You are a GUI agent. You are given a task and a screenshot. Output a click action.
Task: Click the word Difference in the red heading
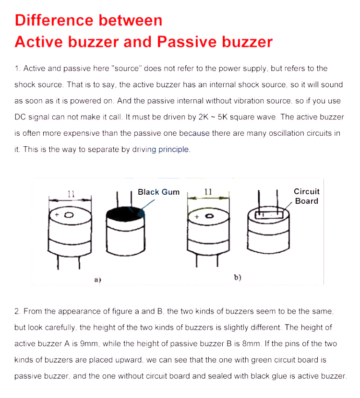[53, 20]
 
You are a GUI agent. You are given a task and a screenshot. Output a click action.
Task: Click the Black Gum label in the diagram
[158, 192]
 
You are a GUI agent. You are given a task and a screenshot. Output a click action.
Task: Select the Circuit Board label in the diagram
[306, 196]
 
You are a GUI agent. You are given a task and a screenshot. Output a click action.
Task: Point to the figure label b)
[237, 277]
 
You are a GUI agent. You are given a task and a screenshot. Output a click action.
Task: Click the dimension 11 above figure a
[71, 194]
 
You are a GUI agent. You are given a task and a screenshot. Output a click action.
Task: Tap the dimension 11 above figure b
[208, 191]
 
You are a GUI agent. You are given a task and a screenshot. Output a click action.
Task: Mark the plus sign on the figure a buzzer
[57, 215]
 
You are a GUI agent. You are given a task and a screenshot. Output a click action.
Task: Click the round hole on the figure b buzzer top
[209, 216]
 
